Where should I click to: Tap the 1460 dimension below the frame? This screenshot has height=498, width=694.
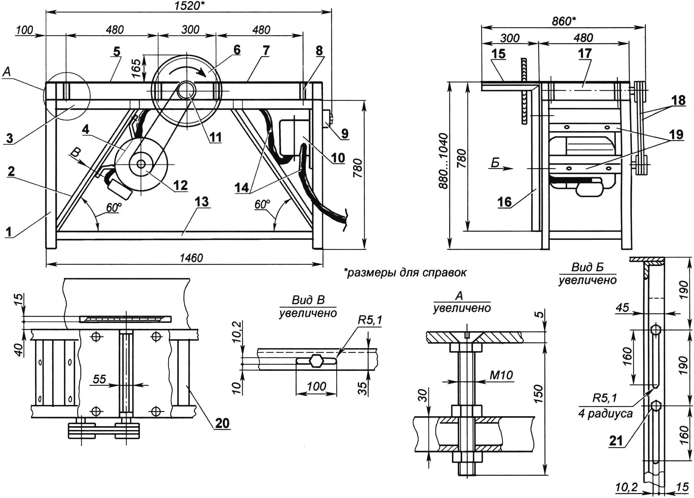click(x=191, y=258)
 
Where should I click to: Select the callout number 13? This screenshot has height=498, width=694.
click(x=202, y=202)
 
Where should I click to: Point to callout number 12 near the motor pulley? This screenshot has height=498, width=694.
click(x=180, y=185)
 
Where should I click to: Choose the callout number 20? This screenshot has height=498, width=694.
click(x=222, y=423)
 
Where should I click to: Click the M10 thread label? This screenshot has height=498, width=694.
click(x=501, y=375)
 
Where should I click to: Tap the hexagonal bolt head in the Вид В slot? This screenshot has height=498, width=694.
click(x=316, y=361)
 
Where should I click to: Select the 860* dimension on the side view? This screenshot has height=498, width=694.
click(x=563, y=21)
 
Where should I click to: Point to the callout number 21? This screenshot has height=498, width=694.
click(x=616, y=441)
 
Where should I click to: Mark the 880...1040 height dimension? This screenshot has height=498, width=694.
click(x=443, y=161)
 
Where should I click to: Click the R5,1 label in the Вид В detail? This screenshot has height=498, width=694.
click(x=370, y=320)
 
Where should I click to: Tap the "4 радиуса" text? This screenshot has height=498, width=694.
click(x=605, y=414)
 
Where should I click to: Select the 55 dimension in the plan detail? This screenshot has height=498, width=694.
click(x=99, y=379)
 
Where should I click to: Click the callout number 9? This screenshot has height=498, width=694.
click(x=345, y=133)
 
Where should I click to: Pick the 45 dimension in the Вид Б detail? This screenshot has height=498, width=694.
click(x=622, y=307)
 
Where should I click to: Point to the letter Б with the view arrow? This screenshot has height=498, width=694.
click(x=495, y=163)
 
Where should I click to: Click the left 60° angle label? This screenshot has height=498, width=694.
click(x=114, y=207)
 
